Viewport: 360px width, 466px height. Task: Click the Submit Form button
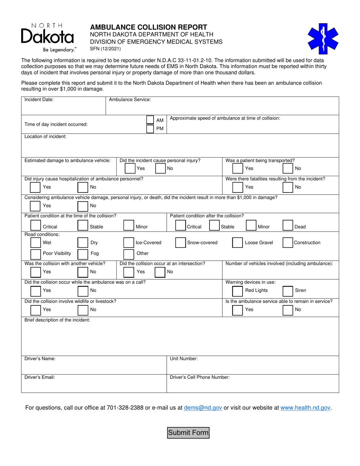pyautogui.click(x=188, y=433)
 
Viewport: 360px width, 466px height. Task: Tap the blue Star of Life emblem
pyautogui.click(x=323, y=39)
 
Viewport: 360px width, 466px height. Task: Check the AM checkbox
pyautogui.click(x=150, y=120)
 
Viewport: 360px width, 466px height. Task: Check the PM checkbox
pyautogui.click(x=150, y=129)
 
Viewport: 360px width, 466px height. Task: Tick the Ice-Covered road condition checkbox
pyautogui.click(x=129, y=243)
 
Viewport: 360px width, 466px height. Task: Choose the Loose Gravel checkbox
pyautogui.click(x=237, y=243)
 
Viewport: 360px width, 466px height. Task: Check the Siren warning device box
pyautogui.click(x=288, y=291)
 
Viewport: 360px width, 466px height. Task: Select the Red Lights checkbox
pyautogui.click(x=237, y=291)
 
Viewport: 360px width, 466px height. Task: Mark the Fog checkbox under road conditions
pyautogui.click(x=83, y=253)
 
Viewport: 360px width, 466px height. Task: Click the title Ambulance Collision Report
pyautogui.click(x=149, y=27)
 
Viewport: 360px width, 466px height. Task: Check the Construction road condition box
pyautogui.click(x=288, y=243)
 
